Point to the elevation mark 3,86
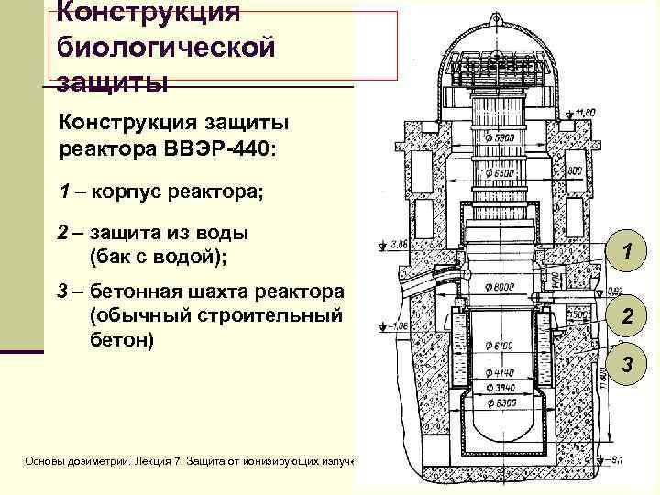pyautogui.click(x=398, y=245)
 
